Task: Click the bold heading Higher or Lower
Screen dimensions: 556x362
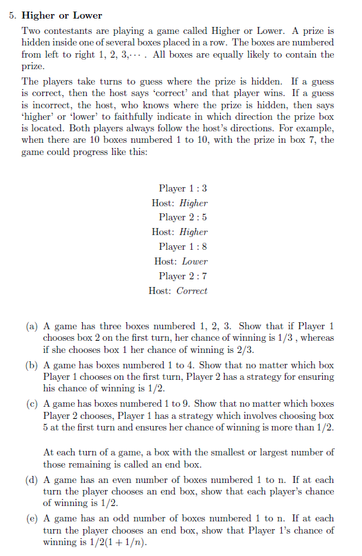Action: point(62,15)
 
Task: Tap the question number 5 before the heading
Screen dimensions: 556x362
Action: point(12,15)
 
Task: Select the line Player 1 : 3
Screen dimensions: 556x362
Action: point(183,188)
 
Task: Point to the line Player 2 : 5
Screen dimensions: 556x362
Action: point(183,217)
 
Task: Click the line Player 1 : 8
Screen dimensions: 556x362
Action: point(183,247)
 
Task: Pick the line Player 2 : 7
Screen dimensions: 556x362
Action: point(183,276)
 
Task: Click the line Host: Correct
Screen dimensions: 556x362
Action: point(178,291)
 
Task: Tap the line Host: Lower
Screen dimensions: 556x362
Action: point(180,261)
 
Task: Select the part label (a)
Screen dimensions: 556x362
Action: point(31,326)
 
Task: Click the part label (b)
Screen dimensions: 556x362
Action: point(31,364)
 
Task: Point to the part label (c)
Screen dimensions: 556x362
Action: point(31,404)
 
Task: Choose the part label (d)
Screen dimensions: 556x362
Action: point(31,480)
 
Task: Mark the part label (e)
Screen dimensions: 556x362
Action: point(31,518)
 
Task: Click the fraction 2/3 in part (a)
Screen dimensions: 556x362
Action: point(245,350)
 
